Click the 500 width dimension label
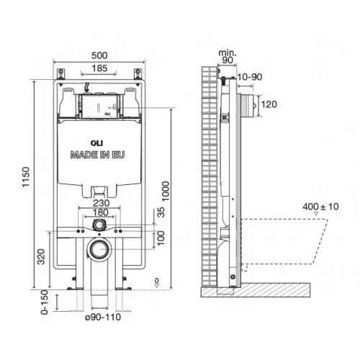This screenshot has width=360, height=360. (99, 55)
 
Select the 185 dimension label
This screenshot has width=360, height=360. (99, 68)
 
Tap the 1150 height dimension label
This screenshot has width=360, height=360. (26, 177)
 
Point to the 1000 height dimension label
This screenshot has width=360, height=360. (166, 192)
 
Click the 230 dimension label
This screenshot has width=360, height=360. (102, 203)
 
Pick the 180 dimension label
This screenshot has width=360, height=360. (100, 212)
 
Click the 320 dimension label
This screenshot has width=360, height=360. (41, 257)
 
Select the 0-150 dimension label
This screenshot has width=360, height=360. (45, 302)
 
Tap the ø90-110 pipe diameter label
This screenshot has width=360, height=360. (103, 317)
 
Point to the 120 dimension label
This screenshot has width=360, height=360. (269, 104)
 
